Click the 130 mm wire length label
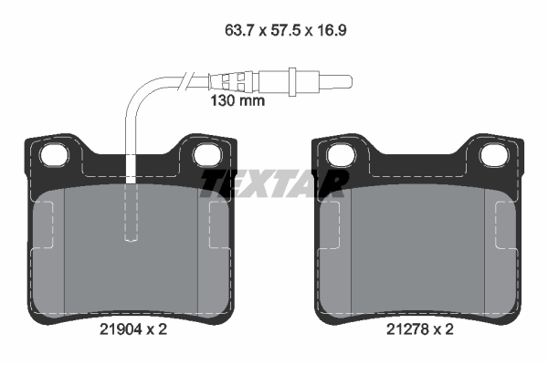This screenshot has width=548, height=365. point(237,101)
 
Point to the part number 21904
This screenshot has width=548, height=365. point(121,329)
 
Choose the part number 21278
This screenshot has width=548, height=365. point(407,329)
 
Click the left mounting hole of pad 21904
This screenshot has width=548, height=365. point(54,155)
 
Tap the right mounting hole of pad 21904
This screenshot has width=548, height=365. point(207,155)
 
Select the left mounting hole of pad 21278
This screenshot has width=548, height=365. point(341,155)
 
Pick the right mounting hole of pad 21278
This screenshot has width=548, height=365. point(494,155)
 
